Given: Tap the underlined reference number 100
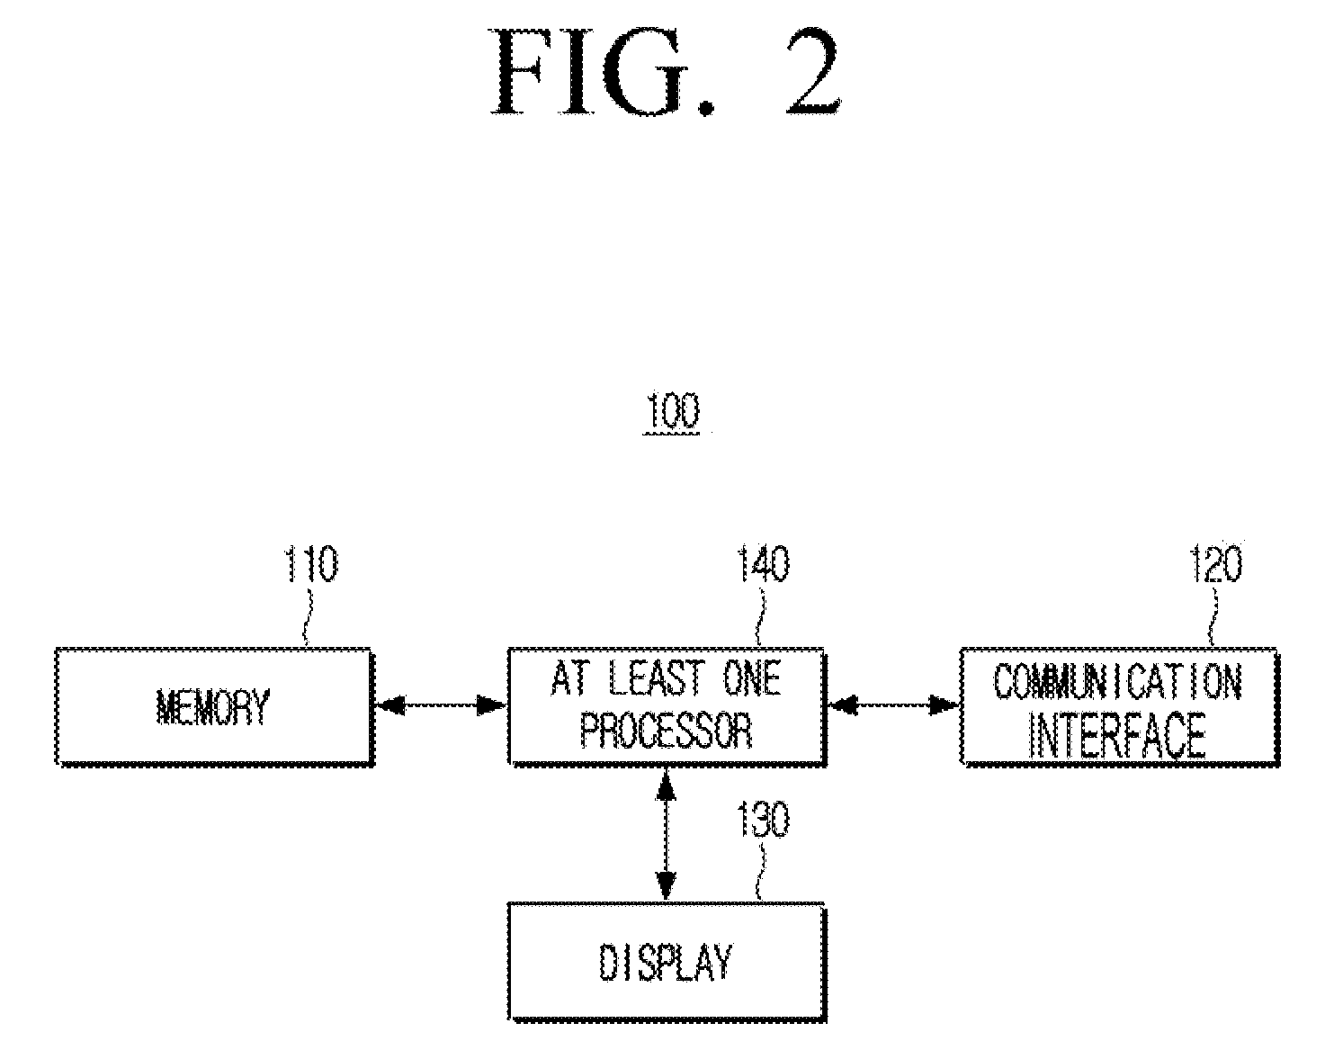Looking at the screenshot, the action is pos(672,411).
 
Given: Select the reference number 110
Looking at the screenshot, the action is pos(311,563).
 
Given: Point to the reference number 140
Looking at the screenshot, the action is pos(763,563).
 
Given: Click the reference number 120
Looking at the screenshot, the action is pos(1216,563).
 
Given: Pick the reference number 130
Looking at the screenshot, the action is pos(763,819).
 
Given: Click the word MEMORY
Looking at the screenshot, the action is pos(212,707).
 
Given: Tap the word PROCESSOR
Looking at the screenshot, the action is pos(666,731).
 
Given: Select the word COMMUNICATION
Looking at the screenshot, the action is pos(1117,682).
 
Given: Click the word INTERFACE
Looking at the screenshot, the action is pos(1117,736).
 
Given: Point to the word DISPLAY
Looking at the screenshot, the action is pos(666,962).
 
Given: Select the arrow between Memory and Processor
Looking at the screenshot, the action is pos(441,705).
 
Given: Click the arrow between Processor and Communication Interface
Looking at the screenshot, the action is pos(893,705).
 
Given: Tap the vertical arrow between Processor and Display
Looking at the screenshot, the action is pos(666,833).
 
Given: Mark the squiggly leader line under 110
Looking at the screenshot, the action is pos(308,617).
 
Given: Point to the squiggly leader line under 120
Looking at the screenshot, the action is pos(1213,617).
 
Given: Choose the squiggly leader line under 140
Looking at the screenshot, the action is pos(760,617).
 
